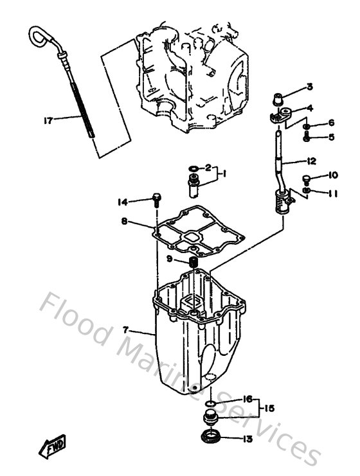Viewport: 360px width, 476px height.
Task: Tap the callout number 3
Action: click(309, 87)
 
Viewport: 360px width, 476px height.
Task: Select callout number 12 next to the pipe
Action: click(311, 161)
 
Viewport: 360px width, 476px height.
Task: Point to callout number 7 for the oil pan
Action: click(127, 330)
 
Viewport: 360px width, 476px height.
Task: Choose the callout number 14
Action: click(122, 202)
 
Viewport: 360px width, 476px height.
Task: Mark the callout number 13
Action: click(248, 440)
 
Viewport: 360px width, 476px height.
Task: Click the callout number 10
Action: click(332, 175)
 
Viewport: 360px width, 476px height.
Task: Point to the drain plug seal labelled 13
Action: click(210, 439)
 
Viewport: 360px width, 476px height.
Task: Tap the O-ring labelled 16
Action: click(210, 404)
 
